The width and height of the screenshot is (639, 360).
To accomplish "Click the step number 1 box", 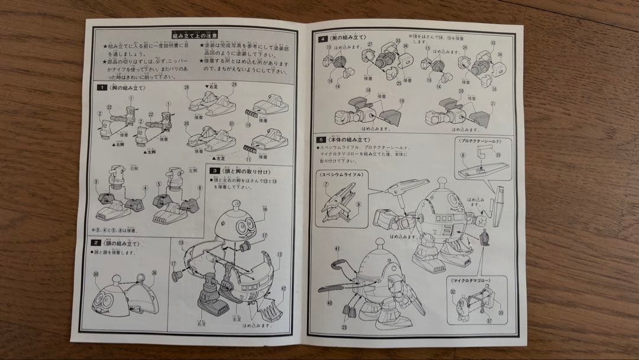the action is (102, 88).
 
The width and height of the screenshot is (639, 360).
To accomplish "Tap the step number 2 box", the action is (95, 243).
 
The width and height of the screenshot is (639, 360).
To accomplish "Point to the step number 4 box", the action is (322, 38).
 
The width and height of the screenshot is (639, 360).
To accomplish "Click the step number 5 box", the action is (319, 140).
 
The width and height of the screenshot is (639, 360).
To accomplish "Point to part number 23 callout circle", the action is (345, 326).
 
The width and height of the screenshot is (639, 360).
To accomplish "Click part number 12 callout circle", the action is (278, 255).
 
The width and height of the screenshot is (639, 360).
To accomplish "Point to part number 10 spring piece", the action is (251, 110).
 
